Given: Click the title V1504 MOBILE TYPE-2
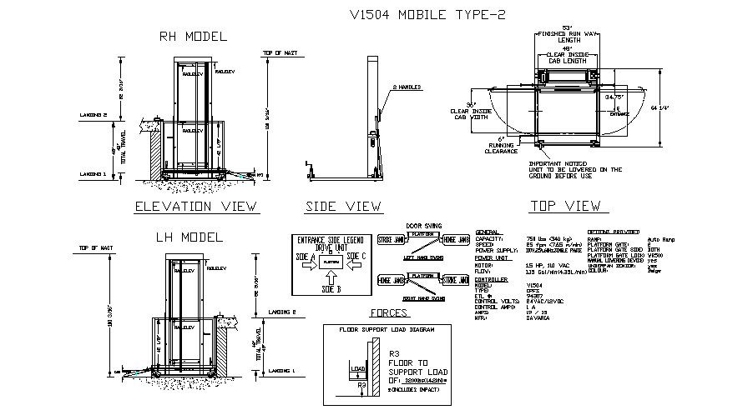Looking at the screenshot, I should [427, 14].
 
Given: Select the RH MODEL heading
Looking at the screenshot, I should [193, 37].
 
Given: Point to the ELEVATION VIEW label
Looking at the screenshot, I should [197, 206].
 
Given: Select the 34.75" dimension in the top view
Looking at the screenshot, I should [615, 97].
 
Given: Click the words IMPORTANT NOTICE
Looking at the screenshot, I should [552, 162].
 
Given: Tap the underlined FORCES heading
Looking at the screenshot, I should [387, 314].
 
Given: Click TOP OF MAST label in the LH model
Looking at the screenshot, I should [95, 248].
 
